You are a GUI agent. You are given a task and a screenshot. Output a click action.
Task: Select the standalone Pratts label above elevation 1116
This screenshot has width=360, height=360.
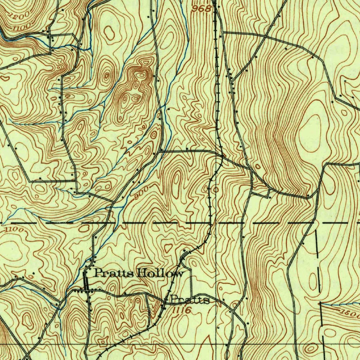(190, 300)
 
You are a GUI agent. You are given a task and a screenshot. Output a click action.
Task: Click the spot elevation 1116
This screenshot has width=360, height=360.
(182, 310)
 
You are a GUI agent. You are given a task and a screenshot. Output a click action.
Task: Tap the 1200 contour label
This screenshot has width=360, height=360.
(19, 16)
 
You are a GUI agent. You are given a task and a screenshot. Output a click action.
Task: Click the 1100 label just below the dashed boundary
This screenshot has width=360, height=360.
(14, 230)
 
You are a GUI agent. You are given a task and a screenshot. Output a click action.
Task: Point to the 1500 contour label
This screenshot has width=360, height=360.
(349, 314)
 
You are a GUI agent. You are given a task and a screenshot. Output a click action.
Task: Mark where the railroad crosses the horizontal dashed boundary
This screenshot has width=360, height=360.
(211, 223)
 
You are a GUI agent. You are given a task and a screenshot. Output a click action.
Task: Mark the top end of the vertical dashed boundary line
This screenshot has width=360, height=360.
(317, 231)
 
